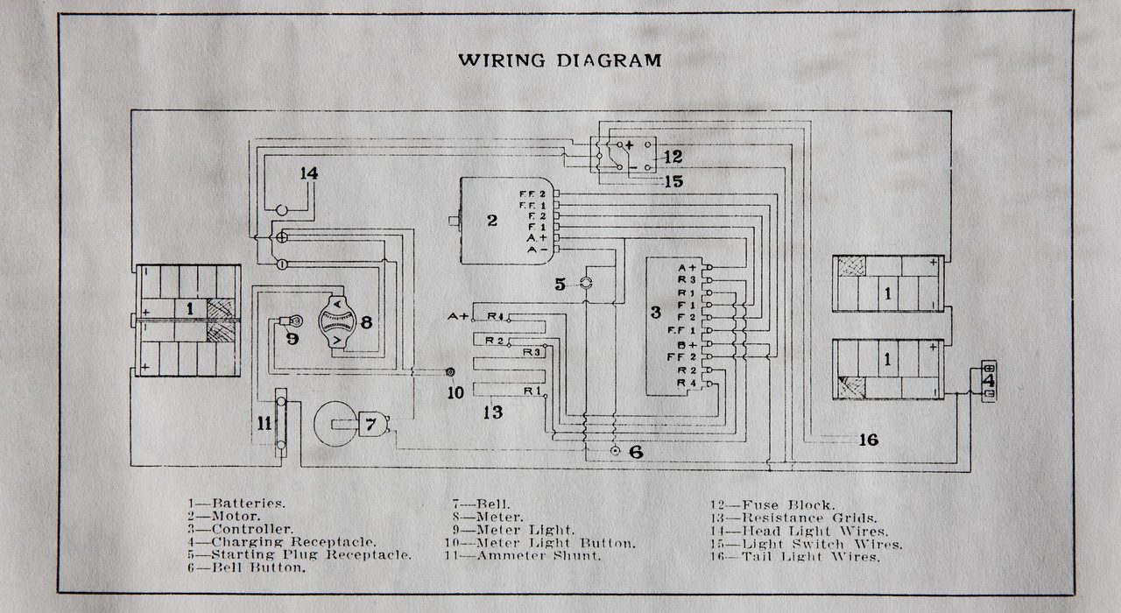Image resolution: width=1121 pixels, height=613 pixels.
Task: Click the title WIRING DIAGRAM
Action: click(560, 60)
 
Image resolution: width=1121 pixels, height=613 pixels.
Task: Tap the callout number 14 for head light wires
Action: click(307, 173)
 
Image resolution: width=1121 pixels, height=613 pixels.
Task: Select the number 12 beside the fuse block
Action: click(673, 158)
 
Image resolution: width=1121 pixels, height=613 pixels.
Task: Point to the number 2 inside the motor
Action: click(492, 220)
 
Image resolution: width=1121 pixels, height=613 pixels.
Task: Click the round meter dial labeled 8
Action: click(333, 322)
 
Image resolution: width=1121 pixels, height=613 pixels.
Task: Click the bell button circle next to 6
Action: click(615, 452)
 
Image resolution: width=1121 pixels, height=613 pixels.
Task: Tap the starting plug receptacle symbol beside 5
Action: click(587, 283)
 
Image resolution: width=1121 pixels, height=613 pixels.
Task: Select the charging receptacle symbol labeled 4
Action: click(988, 381)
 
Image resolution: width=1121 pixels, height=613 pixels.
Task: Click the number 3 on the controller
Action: click(655, 312)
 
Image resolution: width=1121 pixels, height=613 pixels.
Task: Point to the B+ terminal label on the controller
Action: click(686, 345)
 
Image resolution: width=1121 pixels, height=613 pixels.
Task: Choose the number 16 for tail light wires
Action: click(868, 440)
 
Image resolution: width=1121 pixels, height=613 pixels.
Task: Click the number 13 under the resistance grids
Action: click(494, 411)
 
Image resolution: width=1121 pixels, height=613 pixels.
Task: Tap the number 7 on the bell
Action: click(370, 426)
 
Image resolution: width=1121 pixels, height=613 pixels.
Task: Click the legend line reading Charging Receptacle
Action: click(282, 542)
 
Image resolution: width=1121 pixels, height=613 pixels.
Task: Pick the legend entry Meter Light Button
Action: click(543, 542)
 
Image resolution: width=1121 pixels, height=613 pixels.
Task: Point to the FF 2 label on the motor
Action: click(532, 193)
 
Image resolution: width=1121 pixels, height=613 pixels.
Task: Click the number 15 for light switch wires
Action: click(673, 181)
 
